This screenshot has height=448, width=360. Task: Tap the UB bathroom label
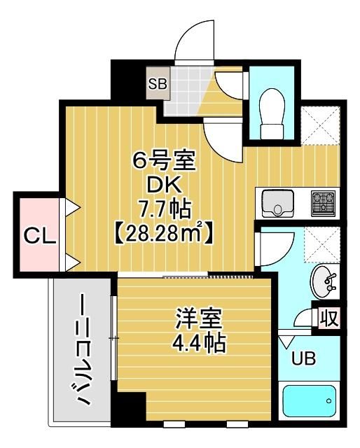[x=303, y=360]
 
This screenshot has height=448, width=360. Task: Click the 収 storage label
[x=329, y=318]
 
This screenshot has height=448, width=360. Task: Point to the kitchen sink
[x=279, y=204]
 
